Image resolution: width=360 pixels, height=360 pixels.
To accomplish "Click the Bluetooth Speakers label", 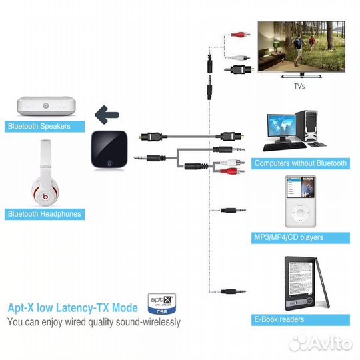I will [x=44, y=126].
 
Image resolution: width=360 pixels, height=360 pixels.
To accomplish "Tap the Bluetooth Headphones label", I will [x=44, y=214].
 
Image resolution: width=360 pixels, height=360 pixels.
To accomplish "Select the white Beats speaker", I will [x=46, y=106].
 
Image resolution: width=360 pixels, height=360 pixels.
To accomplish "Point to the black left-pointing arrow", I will [x=107, y=115].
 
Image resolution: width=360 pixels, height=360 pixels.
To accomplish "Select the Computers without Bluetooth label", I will [x=300, y=163].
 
